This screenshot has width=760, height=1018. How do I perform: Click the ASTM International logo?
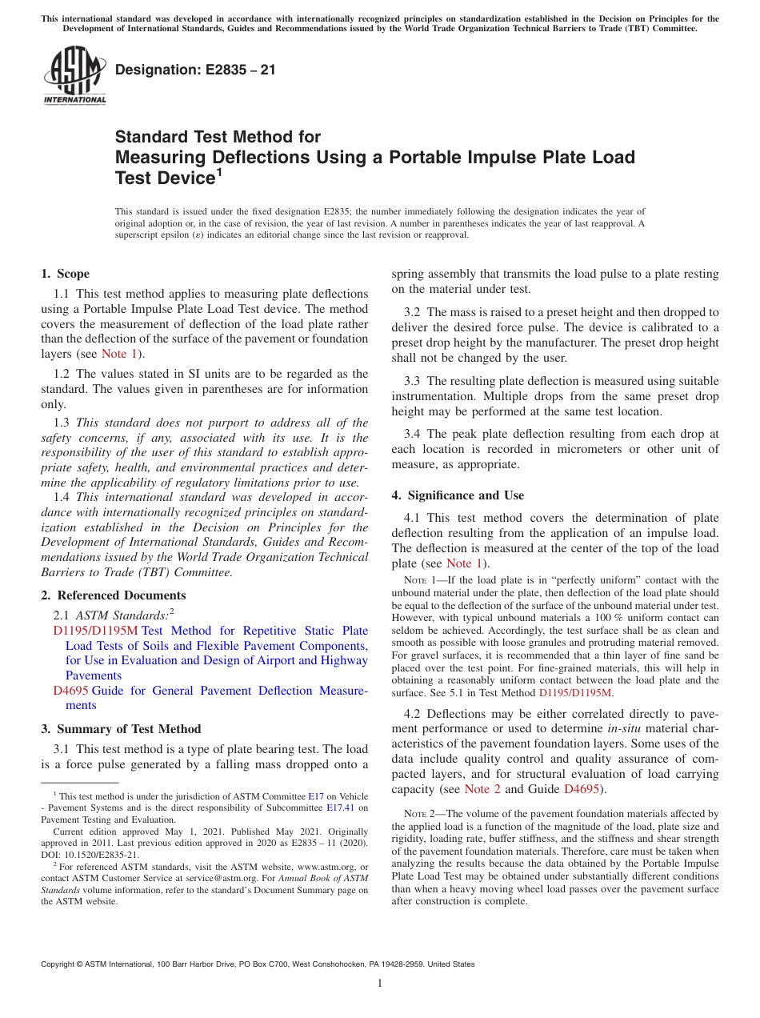tap(74, 76)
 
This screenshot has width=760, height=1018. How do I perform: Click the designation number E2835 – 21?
tap(195, 70)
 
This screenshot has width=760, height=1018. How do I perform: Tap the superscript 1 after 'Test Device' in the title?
tap(219, 171)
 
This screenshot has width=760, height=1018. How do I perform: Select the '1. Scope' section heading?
tap(65, 274)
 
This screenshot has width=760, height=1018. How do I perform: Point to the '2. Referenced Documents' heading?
tap(113, 595)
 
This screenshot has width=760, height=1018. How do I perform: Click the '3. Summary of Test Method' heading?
tap(121, 729)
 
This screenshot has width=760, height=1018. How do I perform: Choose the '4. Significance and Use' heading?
tap(458, 495)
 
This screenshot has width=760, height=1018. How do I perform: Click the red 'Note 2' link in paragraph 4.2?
tap(482, 789)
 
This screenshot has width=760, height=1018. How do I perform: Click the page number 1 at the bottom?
tap(380, 984)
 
